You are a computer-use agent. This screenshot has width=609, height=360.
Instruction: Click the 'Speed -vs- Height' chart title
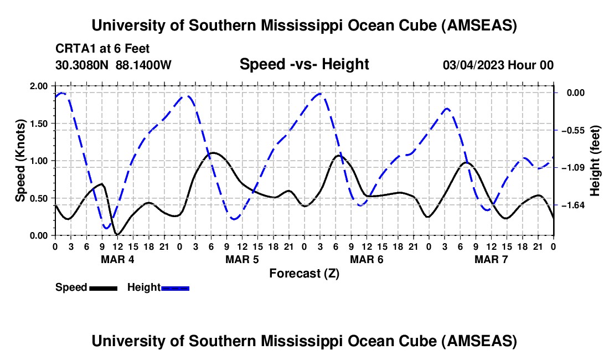[x=304, y=64]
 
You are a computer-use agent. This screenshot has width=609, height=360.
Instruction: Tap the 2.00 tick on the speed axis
[x=39, y=86]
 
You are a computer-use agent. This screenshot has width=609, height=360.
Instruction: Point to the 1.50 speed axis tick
[x=39, y=124]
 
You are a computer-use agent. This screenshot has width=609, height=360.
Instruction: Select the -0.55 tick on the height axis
[x=579, y=130]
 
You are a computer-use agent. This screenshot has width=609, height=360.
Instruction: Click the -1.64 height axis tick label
[x=579, y=205]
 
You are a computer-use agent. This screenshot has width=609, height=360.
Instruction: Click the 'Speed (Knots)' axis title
[x=20, y=160]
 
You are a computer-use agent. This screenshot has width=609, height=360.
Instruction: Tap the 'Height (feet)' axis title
[x=596, y=161]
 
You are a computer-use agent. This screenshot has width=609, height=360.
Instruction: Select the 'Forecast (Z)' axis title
[x=304, y=273]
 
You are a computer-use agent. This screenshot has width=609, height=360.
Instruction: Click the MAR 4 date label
[x=117, y=259]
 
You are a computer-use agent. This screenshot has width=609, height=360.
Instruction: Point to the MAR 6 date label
[x=367, y=259]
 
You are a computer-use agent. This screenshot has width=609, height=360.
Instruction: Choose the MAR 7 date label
[x=491, y=259]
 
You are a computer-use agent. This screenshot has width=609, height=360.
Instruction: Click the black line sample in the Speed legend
[x=103, y=287]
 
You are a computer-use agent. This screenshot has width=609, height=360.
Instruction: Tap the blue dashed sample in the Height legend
[x=175, y=287]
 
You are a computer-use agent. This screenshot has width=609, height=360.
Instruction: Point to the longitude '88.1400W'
[x=143, y=65]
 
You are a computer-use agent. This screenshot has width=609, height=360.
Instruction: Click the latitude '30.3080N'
[x=83, y=65]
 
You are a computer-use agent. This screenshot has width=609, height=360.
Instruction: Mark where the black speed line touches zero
[x=117, y=234]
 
